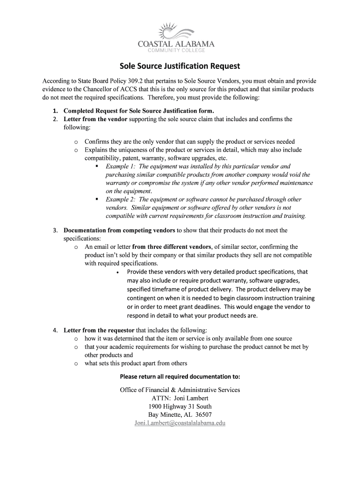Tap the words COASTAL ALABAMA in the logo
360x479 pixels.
click(x=177, y=44)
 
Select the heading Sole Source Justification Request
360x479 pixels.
click(x=180, y=66)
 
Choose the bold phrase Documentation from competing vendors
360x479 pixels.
click(x=119, y=230)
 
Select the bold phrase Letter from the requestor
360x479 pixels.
click(x=99, y=330)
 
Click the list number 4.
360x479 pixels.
click(x=55, y=330)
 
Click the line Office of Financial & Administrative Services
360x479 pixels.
click(x=180, y=390)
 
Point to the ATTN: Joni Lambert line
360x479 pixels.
click(x=180, y=399)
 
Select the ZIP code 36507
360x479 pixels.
click(x=204, y=415)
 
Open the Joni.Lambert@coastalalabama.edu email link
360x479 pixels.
click(x=180, y=423)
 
